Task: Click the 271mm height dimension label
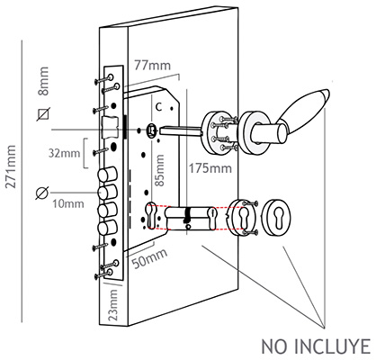tap(11, 166)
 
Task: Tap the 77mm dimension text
tap(152, 65)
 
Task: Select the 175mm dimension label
tap(210, 168)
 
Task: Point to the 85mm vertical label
tap(160, 170)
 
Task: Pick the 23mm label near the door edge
tap(113, 305)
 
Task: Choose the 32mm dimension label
tap(65, 153)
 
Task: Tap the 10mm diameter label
tap(68, 204)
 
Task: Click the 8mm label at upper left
tap(43, 81)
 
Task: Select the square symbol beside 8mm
tap(44, 114)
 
